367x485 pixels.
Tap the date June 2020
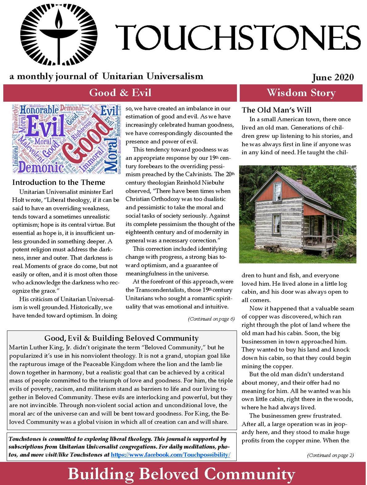pyautogui.click(x=332, y=77)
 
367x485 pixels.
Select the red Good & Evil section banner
pyautogui.click(x=120, y=93)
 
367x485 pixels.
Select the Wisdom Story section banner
pyautogui.click(x=301, y=93)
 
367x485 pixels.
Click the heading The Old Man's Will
pyautogui.click(x=276, y=110)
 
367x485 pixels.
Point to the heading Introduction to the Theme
pyautogui.click(x=59, y=182)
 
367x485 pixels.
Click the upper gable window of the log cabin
pyautogui.click(x=277, y=188)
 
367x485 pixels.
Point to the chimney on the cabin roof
pyautogui.click(x=299, y=180)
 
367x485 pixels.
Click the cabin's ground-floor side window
pyautogui.click(x=277, y=224)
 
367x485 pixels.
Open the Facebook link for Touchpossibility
pyautogui.click(x=170, y=455)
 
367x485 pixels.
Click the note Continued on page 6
pyautogui.click(x=211, y=319)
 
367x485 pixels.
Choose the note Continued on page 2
pyautogui.click(x=330, y=455)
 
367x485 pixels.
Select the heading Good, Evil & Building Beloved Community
pyautogui.click(x=121, y=338)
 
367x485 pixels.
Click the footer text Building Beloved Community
pyautogui.click(x=181, y=475)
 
